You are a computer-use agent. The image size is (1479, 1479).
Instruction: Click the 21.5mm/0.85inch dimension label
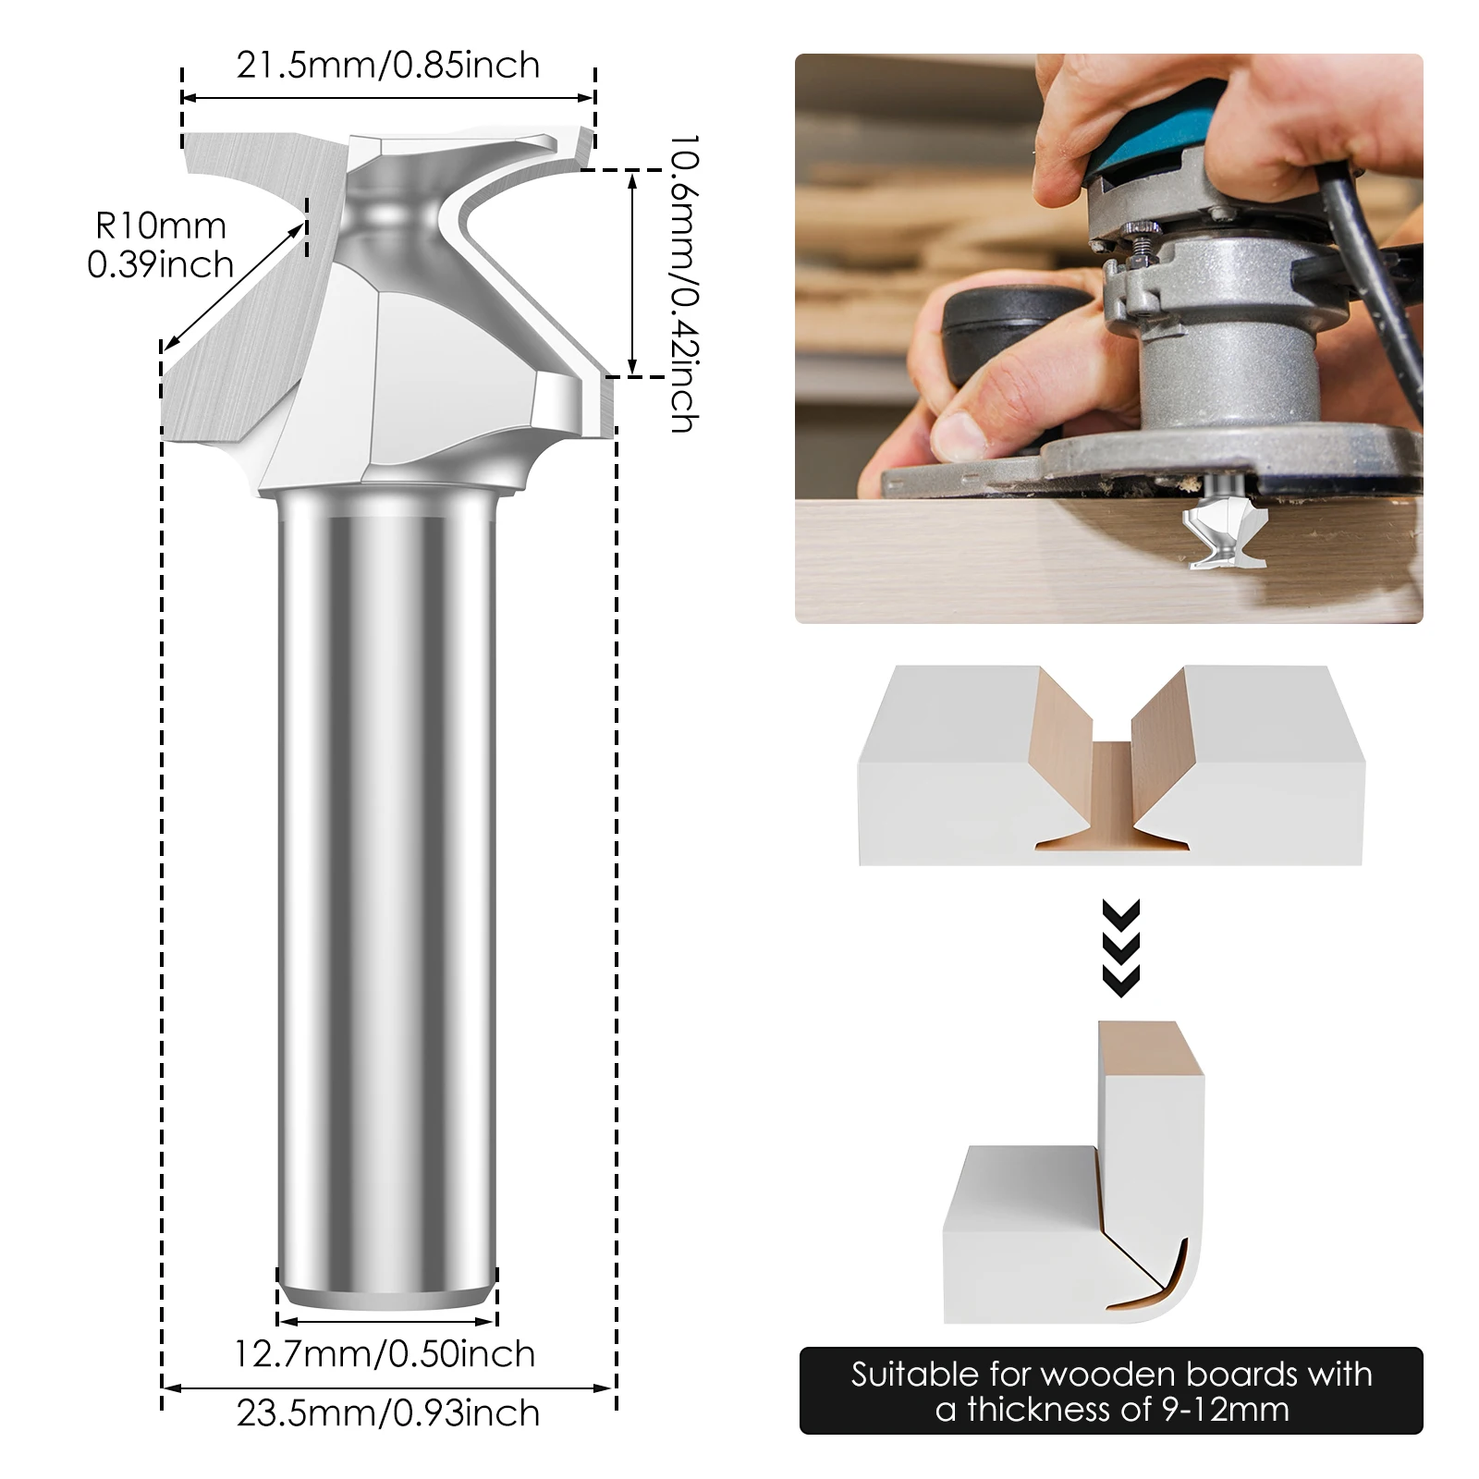click(388, 66)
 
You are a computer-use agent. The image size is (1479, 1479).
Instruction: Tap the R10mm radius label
click(161, 226)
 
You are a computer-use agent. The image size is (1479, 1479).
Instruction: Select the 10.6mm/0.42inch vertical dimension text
click(683, 283)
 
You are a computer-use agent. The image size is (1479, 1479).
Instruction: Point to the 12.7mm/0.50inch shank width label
click(385, 1353)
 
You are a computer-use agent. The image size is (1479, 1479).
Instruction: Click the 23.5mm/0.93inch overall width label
click(388, 1412)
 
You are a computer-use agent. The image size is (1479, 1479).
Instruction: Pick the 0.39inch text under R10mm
click(161, 265)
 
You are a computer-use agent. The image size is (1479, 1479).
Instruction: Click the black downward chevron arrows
click(1120, 947)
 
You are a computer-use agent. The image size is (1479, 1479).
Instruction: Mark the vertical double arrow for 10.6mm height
click(632, 274)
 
